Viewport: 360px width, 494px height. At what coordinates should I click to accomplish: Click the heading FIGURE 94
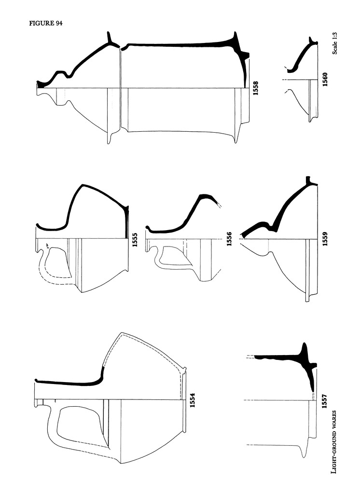46,23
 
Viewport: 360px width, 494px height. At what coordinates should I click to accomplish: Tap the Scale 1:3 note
335,43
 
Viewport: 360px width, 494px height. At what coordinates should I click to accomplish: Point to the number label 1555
135,240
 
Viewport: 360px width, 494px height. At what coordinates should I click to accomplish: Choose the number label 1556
229,238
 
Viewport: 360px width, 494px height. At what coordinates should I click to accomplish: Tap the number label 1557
324,401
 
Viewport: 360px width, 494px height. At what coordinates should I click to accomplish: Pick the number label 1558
255,88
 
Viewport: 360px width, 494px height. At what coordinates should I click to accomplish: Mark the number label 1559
325,238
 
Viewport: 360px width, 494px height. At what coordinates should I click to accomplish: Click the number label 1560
325,79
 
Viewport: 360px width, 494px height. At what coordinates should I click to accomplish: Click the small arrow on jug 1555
47,246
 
